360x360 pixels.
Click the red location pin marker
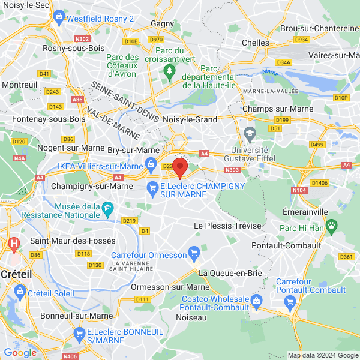[x=180, y=167]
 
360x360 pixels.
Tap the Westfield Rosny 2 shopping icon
[x=58, y=17]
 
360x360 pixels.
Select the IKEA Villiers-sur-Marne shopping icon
[x=148, y=163]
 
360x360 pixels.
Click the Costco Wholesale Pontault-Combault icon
[x=256, y=299]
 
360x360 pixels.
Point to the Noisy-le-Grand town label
[x=190, y=119]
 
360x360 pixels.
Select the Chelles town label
[x=256, y=43]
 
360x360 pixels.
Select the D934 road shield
[x=301, y=40]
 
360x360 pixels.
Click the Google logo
[x=20, y=353]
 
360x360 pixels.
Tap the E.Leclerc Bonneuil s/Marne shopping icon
[x=79, y=332]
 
